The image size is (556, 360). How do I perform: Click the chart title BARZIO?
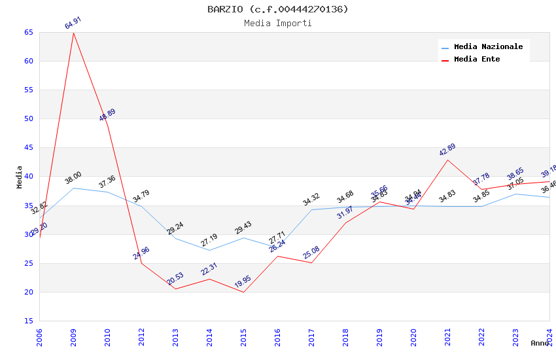coord(278,9)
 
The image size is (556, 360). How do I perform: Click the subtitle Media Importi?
coord(278,23)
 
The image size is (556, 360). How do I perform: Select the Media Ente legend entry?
coord(477,59)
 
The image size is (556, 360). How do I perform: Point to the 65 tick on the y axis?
coord(27,32)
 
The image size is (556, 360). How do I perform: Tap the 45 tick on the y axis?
coord(27,148)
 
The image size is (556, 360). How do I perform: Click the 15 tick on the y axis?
coord(27,321)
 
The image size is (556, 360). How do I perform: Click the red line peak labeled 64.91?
coord(73,33)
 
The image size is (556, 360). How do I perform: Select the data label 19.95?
coord(243,282)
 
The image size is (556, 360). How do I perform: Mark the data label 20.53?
coord(175,279)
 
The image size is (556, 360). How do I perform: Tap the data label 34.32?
coord(311,200)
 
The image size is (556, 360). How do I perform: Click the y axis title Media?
coord(20,177)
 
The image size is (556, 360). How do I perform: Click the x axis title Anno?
coord(540,343)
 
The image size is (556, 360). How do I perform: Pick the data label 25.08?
coord(311,253)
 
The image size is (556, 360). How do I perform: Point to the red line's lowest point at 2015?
coord(243,292)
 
